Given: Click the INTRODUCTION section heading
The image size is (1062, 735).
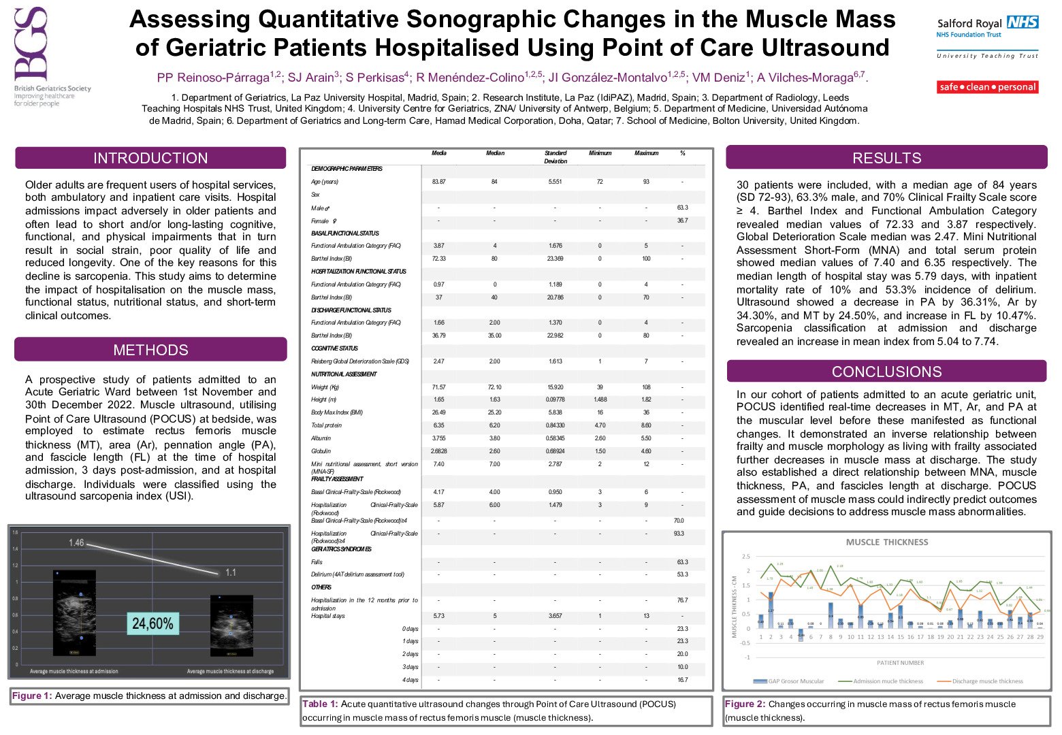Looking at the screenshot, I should point(150,158).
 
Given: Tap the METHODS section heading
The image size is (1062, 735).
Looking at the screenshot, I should point(150,350).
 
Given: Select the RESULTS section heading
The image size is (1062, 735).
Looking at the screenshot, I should point(886,158).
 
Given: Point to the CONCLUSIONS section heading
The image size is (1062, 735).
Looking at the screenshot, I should point(886,372).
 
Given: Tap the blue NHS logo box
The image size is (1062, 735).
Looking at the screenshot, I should point(1023,22).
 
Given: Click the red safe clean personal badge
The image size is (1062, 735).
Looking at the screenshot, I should point(987,87).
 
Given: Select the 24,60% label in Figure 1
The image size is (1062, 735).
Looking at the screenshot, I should point(152,623).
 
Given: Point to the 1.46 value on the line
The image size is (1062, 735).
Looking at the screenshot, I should point(76,542).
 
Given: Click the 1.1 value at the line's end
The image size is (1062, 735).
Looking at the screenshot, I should point(231,572).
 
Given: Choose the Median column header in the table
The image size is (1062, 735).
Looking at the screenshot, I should point(495,153).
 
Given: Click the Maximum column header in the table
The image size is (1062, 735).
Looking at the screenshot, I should point(646,153).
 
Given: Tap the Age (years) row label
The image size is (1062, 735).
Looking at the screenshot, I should point(325,182).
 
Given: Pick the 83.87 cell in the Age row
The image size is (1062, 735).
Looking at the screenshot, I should point(439,182).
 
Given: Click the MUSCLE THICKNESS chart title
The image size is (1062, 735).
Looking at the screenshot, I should point(886,542).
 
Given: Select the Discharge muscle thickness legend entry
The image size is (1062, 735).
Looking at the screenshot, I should point(987,681).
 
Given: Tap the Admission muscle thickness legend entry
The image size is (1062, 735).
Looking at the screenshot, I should point(888,681).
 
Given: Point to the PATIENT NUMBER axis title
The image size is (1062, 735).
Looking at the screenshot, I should point(900,663).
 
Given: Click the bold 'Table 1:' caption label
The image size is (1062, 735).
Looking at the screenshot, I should point(320,704).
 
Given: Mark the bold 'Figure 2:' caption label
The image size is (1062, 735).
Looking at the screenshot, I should point(745,704).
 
